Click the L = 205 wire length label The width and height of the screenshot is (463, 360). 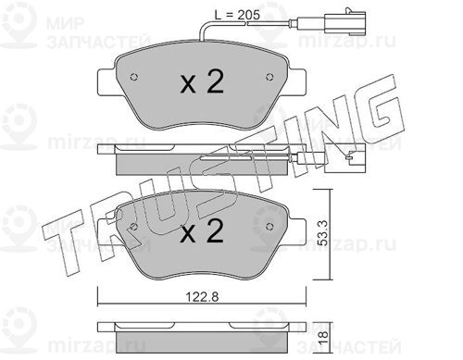point(237,15)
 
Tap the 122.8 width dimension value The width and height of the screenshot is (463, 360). point(202,297)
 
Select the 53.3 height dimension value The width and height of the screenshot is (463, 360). point(323,232)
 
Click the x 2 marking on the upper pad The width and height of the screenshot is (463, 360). point(202,81)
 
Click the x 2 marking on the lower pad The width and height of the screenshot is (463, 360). point(202,231)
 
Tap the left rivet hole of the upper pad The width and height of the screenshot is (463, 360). point(134,77)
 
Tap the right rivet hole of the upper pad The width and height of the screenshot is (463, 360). point(269,77)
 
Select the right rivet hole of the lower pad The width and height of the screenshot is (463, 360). point(269,227)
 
